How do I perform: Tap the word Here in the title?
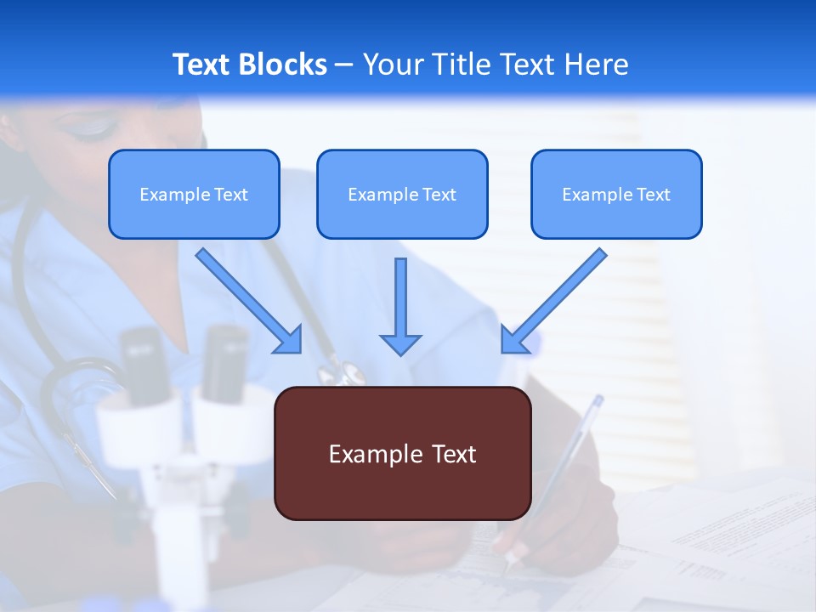[595, 65]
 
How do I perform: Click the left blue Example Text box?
[194, 195]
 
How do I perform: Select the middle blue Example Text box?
[402, 195]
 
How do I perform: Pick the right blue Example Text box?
[616, 195]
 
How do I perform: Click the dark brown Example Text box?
[402, 454]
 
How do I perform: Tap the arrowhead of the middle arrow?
[400, 344]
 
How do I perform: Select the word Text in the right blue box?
[652, 195]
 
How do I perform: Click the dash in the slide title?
[344, 65]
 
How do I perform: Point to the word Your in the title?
[388, 65]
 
